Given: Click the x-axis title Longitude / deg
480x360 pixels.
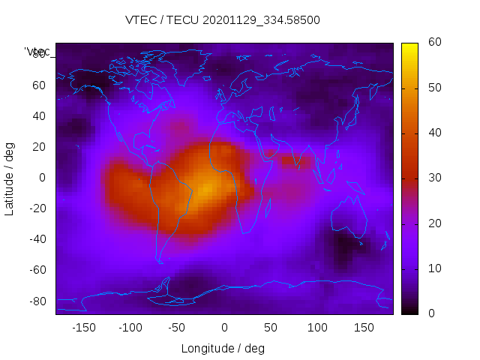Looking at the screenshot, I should click(223, 348).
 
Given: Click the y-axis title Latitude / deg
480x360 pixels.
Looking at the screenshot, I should click(10, 177).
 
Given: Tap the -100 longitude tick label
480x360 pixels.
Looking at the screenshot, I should click(130, 328).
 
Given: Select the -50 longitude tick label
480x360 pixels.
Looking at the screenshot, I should click(177, 328).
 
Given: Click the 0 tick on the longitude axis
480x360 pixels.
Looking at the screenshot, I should click(223, 328).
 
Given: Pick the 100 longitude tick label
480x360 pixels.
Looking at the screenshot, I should click(317, 328).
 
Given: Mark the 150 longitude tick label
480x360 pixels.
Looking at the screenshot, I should click(364, 328).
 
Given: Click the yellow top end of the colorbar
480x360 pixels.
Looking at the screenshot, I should click(409, 46).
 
